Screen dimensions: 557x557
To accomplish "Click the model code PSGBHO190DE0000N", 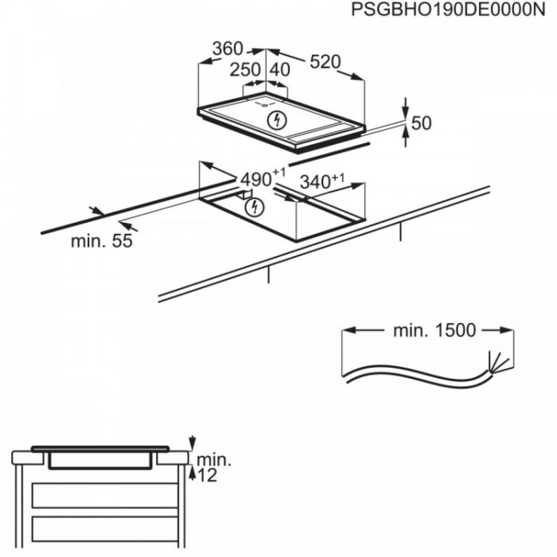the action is (x=448, y=10).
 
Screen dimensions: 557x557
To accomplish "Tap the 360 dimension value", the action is (x=228, y=49).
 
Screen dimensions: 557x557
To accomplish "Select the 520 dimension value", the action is (x=325, y=62).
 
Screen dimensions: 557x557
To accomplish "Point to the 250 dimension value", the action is (x=245, y=70).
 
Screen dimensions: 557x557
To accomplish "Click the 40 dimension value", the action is (x=280, y=70).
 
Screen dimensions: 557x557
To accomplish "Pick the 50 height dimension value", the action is (x=421, y=123).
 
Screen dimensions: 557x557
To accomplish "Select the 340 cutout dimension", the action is (x=322, y=181).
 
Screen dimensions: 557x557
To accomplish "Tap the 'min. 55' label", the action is (x=102, y=241).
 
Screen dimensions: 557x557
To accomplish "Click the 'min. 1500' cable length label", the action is (x=434, y=330).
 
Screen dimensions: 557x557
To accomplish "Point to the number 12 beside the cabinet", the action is (x=207, y=475).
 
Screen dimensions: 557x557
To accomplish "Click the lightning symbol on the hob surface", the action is (x=277, y=120).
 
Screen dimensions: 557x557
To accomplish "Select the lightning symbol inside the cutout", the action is (x=255, y=208).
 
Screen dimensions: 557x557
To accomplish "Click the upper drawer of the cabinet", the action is (x=105, y=495).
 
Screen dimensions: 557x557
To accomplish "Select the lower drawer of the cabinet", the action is (x=105, y=528).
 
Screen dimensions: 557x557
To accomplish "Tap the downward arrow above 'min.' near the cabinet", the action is (x=193, y=442).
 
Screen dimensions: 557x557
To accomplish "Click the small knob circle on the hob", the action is (x=265, y=104).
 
